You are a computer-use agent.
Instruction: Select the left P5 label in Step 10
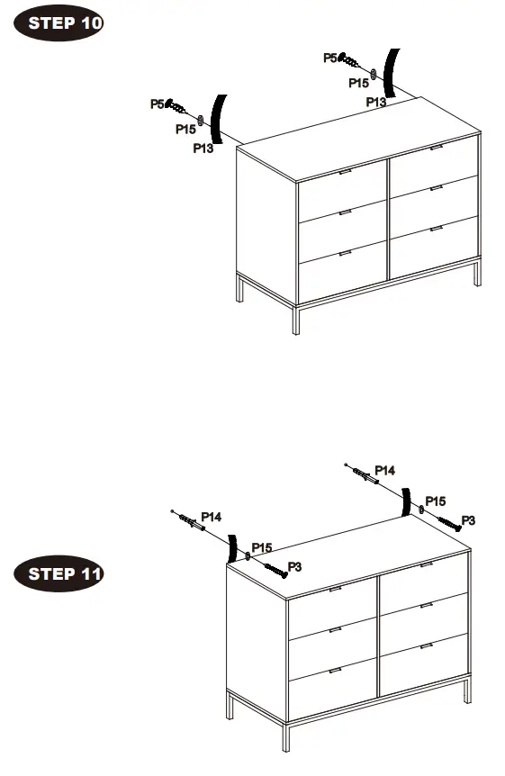click(x=158, y=104)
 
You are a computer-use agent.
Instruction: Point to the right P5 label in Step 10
click(x=330, y=58)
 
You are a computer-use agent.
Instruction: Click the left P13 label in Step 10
click(x=203, y=149)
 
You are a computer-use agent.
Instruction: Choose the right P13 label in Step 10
click(x=376, y=103)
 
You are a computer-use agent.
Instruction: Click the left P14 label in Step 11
click(x=212, y=517)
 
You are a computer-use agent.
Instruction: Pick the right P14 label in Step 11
click(x=385, y=470)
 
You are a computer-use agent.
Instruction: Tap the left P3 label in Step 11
click(x=293, y=565)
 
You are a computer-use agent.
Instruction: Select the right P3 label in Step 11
click(x=468, y=520)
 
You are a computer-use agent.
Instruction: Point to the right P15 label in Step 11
click(x=435, y=501)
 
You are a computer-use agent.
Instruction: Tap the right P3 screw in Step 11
click(x=447, y=521)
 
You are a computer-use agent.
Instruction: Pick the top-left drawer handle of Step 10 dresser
click(x=346, y=171)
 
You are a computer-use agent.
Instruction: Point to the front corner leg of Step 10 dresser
click(x=295, y=319)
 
